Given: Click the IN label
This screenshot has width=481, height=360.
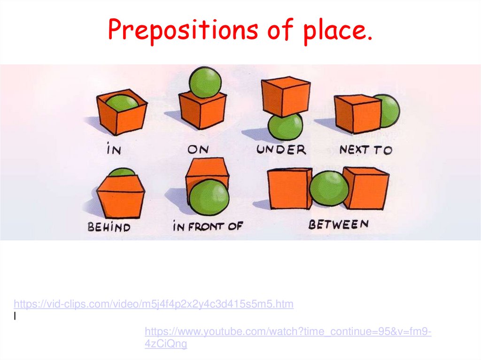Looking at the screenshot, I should [x=114, y=150].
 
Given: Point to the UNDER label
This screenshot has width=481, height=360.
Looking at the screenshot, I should [x=281, y=150].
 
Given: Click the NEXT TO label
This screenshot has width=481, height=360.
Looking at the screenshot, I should [x=365, y=150].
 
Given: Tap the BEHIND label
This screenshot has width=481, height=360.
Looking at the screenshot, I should [x=109, y=227].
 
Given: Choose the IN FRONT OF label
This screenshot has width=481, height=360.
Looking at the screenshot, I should [x=208, y=227].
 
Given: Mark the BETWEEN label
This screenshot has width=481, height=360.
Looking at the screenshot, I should [x=338, y=225].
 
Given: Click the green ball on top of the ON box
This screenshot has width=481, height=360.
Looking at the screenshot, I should [x=205, y=82].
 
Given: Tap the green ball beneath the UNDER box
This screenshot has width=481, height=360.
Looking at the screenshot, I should [x=286, y=127].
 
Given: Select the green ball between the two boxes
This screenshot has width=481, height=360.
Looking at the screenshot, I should [x=329, y=188].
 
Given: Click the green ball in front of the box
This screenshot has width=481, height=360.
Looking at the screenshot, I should [x=209, y=197].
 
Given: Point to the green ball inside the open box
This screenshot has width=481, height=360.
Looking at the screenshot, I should [x=122, y=103].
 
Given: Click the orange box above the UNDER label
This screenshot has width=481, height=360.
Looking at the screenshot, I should [x=285, y=96].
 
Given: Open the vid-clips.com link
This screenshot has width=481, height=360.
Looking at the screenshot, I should [x=154, y=304].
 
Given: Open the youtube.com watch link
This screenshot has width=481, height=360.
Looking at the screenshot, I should [x=287, y=332].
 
